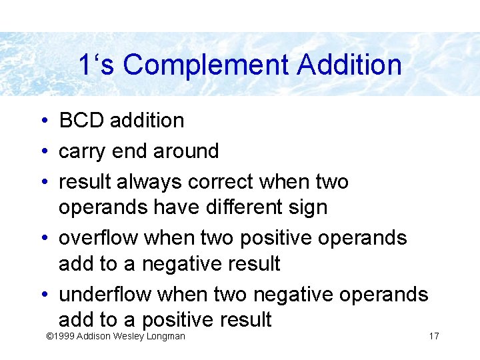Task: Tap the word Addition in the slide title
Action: click(x=349, y=65)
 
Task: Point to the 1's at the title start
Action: click(x=97, y=65)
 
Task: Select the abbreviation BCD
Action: click(x=83, y=121)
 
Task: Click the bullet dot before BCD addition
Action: click(x=42, y=121)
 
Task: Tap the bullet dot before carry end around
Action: click(x=42, y=152)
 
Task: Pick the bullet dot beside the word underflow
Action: click(x=42, y=295)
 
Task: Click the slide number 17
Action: click(x=434, y=336)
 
